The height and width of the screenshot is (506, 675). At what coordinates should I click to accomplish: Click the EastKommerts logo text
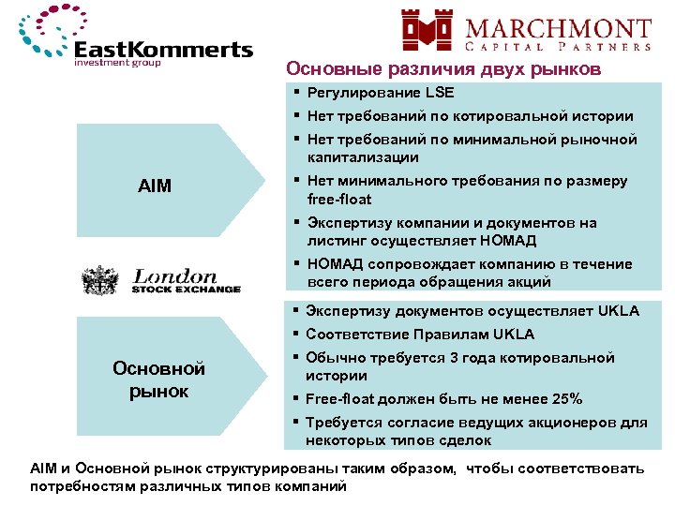(163, 50)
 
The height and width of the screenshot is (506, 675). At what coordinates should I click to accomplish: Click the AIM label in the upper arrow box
(155, 186)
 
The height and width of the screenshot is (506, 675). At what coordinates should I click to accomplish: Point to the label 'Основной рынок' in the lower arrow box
(158, 379)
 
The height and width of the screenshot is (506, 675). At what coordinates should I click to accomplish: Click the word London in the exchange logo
(175, 276)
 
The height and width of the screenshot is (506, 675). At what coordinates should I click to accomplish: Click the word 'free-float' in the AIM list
(339, 199)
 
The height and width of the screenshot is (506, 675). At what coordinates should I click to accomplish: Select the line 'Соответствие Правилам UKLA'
(420, 334)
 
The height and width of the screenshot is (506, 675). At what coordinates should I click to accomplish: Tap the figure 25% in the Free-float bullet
(565, 398)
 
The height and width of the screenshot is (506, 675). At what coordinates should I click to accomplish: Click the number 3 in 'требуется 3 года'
(454, 357)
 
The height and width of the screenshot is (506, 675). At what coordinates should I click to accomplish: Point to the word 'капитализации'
(362, 157)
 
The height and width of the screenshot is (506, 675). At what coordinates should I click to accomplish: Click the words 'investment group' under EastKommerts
(118, 64)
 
